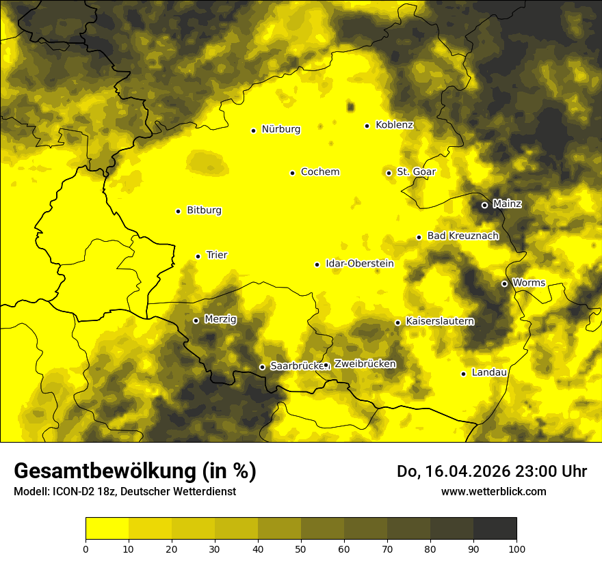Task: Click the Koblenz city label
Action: pyautogui.click(x=394, y=125)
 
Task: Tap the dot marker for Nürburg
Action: pyautogui.click(x=253, y=130)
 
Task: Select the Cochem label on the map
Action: pyautogui.click(x=319, y=172)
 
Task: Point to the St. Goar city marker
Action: pyautogui.click(x=389, y=173)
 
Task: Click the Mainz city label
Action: pyautogui.click(x=507, y=204)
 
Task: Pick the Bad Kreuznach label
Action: pyautogui.click(x=462, y=236)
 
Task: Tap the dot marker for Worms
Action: pyautogui.click(x=504, y=283)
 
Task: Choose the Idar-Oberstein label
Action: pyautogui.click(x=360, y=264)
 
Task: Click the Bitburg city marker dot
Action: pyautogui.click(x=178, y=211)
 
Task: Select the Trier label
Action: pyautogui.click(x=217, y=255)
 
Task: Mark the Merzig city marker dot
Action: pyautogui.click(x=196, y=320)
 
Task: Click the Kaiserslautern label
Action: pyautogui.click(x=439, y=321)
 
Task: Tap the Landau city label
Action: pyautogui.click(x=489, y=373)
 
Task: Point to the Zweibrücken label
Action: pyautogui.click(x=365, y=364)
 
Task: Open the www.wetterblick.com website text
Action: pyautogui.click(x=493, y=491)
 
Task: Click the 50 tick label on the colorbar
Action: pyautogui.click(x=301, y=548)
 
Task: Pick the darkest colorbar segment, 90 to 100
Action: pyautogui.click(x=495, y=529)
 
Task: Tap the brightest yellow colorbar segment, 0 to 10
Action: pyautogui.click(x=107, y=529)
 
